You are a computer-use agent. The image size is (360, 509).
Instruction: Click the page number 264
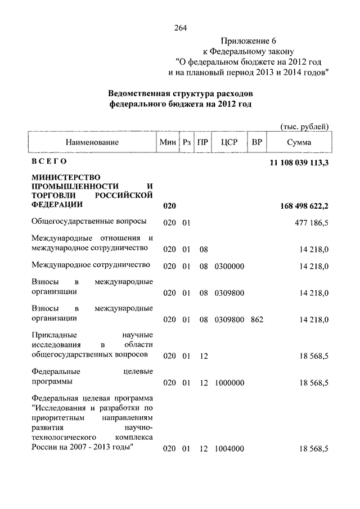click(x=180, y=28)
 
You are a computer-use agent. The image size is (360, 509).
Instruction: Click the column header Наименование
click(x=92, y=142)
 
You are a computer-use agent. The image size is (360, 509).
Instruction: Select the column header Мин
click(x=168, y=142)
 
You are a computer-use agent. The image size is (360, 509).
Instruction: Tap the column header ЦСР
click(x=229, y=142)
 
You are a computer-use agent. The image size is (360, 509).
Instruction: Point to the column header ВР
click(x=257, y=142)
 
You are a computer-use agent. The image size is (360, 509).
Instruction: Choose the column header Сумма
click(x=299, y=142)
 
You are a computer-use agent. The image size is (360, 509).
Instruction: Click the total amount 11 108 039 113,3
click(x=296, y=163)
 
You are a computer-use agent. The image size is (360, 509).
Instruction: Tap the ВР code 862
click(x=257, y=319)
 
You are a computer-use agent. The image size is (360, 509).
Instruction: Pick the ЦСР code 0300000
click(x=229, y=265)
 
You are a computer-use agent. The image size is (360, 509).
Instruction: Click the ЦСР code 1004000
click(x=229, y=448)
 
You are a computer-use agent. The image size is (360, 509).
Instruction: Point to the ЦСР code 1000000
click(x=229, y=383)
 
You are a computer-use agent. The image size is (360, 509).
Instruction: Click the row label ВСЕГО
click(x=49, y=163)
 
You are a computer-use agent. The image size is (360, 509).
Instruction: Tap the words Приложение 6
click(x=249, y=40)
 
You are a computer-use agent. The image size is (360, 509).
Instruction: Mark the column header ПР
click(x=204, y=142)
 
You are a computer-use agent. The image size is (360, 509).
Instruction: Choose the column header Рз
click(x=187, y=142)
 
